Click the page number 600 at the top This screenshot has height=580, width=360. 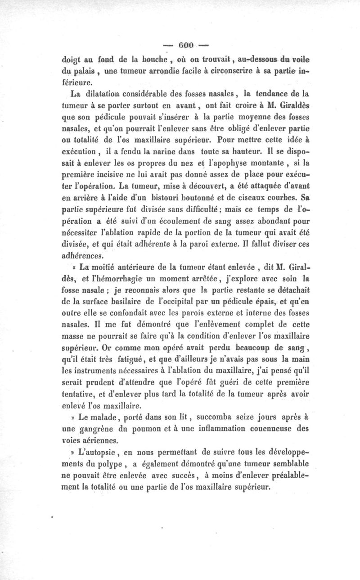pyautogui.click(x=184, y=45)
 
